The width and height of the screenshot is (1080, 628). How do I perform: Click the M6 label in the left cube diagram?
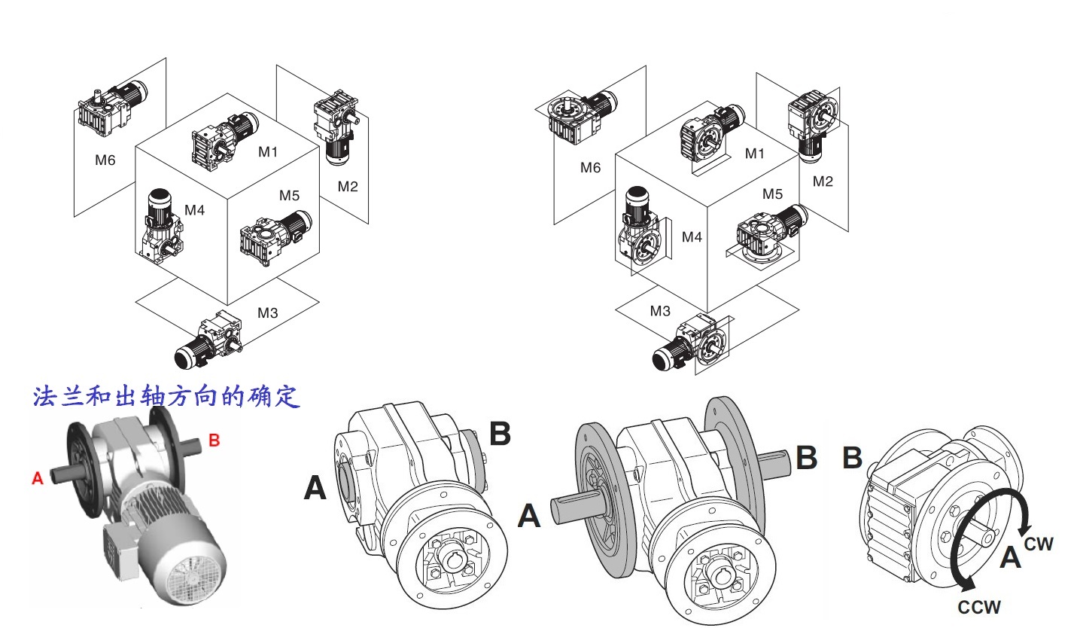(105, 160)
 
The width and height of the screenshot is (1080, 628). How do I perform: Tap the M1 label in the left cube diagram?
(268, 152)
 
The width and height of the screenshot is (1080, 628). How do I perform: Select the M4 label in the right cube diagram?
(692, 237)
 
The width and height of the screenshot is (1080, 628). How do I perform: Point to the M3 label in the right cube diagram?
(660, 311)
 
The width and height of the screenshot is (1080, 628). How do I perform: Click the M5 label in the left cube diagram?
(289, 195)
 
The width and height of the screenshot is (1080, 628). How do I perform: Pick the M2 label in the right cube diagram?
(823, 181)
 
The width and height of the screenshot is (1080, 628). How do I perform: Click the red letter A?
(38, 478)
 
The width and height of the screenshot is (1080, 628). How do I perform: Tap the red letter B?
(214, 440)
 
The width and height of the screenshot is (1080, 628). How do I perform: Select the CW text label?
(1039, 544)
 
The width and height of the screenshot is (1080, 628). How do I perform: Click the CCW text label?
(978, 607)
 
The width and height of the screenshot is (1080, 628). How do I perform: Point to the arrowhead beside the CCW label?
(966, 583)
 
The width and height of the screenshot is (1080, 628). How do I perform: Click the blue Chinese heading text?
(166, 397)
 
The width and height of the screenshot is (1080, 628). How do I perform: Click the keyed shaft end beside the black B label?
(774, 464)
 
